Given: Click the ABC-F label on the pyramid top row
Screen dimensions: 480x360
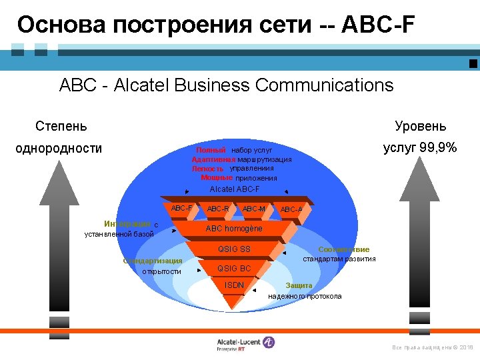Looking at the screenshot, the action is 182,208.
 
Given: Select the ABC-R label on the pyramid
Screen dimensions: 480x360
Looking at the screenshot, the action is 218,209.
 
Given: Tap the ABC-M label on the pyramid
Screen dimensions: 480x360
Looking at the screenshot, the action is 253,209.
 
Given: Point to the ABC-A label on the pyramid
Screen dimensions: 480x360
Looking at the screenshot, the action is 291,209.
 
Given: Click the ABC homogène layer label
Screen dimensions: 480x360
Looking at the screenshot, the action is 234,229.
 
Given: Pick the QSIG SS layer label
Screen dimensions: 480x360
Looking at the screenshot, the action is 235,249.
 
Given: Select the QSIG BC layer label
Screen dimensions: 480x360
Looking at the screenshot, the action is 235,269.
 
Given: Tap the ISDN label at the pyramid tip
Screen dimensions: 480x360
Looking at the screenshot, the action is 235,285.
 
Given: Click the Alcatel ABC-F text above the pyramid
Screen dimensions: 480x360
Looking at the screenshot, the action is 235,189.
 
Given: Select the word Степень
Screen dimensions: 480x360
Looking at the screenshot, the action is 61,126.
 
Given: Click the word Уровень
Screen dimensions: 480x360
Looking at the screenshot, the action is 420,126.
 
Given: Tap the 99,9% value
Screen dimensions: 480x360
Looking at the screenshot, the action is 439,147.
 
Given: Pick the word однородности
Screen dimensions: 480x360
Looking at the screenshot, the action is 59,148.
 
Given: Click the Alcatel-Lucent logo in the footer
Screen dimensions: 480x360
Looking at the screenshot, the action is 245,343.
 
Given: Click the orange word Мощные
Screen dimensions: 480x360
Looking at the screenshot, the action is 217,178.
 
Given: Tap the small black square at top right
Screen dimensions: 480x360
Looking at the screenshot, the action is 473,63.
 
